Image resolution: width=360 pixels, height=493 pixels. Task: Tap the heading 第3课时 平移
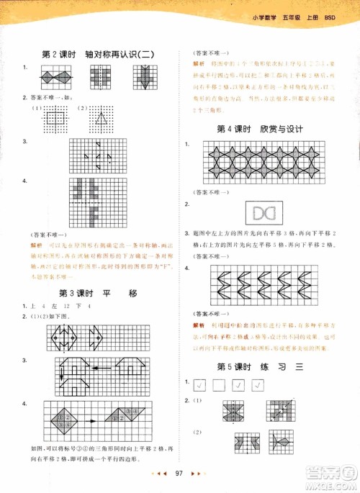pos(97,293)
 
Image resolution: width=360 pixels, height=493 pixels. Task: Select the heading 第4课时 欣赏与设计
pos(260,129)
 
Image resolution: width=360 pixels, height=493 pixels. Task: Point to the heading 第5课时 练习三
pos(260,366)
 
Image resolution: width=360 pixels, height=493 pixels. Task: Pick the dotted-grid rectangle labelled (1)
pos(56,115)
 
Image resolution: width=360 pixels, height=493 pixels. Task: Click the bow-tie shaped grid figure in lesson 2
pos(56,76)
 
